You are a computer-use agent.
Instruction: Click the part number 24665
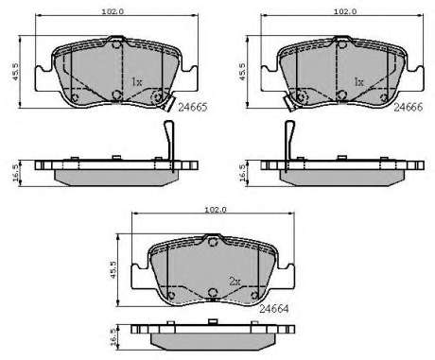[193, 108]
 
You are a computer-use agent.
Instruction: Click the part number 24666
[409, 107]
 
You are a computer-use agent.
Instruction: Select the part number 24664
[273, 309]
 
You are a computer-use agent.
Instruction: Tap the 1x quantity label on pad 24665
[137, 82]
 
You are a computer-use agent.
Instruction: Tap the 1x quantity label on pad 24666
[359, 82]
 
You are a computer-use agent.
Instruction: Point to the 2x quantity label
[235, 282]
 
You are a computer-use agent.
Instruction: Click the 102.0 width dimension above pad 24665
[113, 11]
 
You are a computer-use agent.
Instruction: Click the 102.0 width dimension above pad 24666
[345, 11]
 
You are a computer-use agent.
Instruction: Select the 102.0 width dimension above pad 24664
[216, 210]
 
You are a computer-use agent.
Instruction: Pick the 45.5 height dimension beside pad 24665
[15, 72]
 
